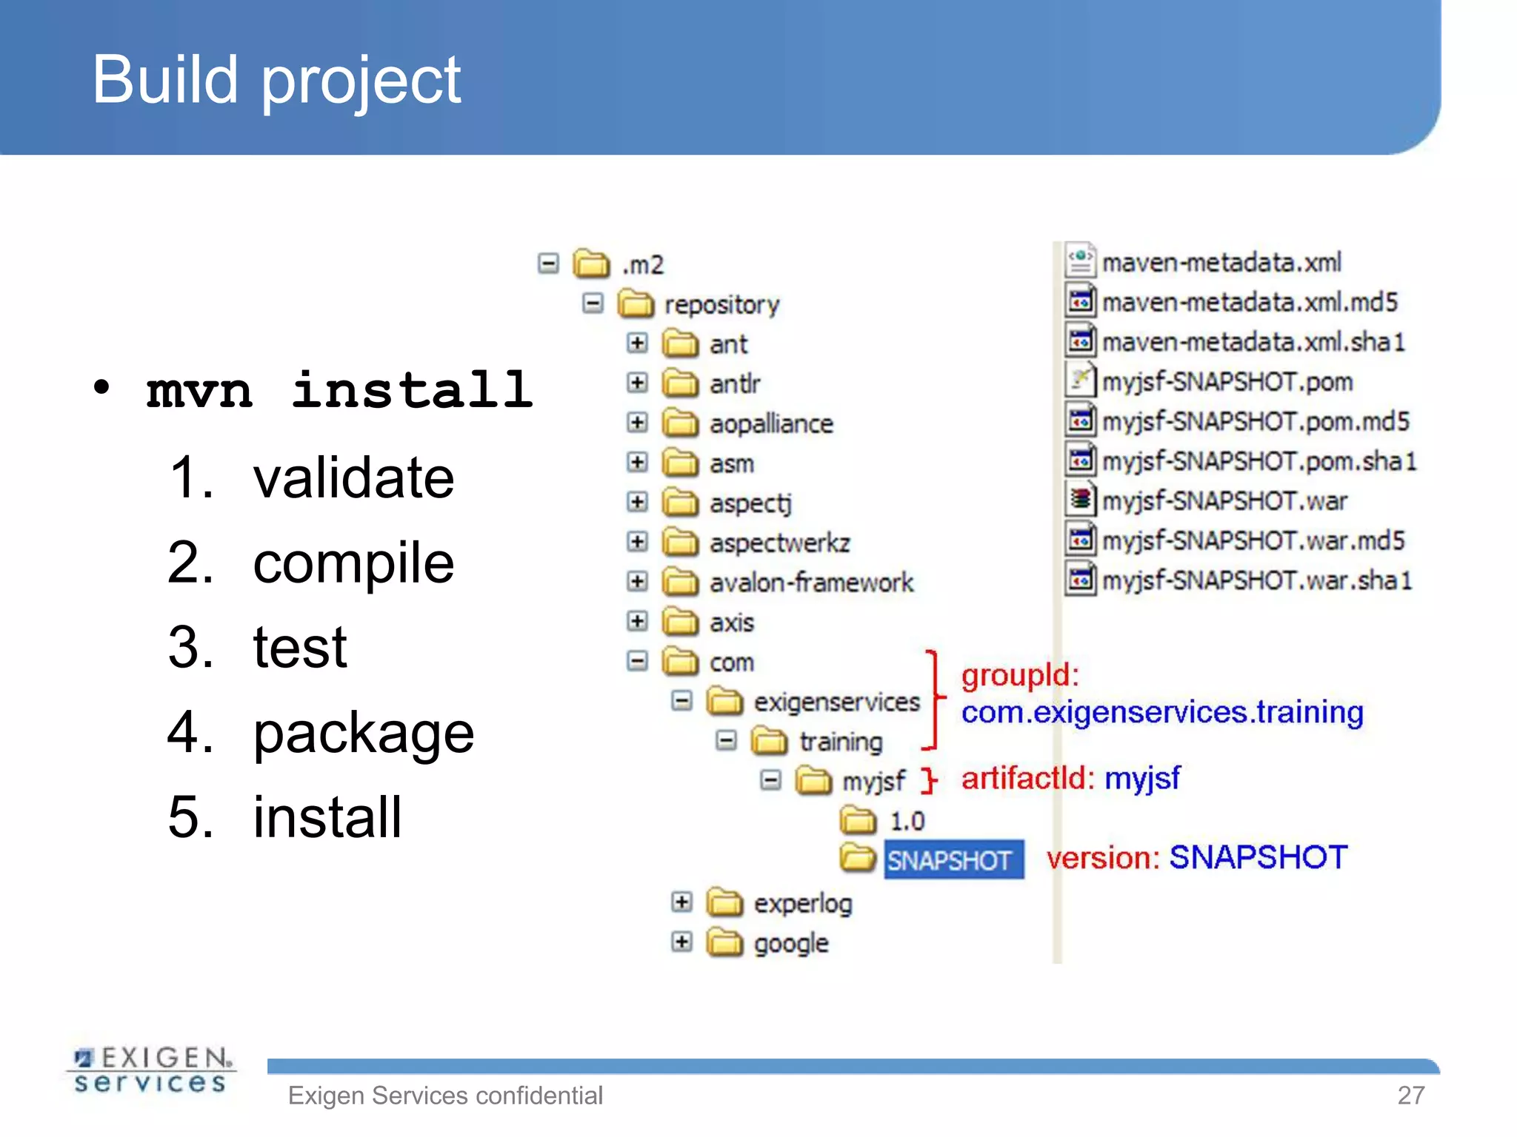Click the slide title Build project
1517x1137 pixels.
(276, 80)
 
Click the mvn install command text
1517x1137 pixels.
(339, 390)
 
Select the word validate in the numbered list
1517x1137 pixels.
(353, 477)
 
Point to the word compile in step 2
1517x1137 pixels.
(353, 563)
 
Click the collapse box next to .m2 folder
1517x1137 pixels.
(548, 264)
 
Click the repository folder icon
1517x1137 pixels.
(636, 303)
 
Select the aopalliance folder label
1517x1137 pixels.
(770, 423)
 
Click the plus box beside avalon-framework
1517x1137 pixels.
(637, 581)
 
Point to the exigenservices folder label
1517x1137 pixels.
(836, 701)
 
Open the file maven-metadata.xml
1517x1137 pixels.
(1221, 262)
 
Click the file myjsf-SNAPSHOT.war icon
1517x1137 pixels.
(1081, 500)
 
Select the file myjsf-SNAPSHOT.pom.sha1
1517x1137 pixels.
(1258, 461)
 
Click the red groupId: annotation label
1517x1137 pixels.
(1019, 675)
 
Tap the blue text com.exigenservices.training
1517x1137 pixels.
(1161, 712)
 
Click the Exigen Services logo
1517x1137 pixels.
(151, 1070)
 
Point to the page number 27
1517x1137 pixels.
(1410, 1095)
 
